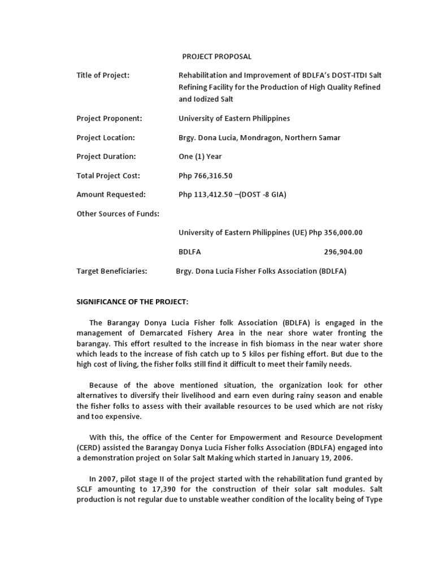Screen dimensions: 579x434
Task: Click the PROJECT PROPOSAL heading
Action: coord(216,57)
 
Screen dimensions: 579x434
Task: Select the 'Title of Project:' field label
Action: coord(103,75)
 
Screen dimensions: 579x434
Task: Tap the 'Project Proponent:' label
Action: coord(109,119)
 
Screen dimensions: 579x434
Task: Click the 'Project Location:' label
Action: coord(106,138)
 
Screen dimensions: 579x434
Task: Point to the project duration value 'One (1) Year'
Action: coord(200,157)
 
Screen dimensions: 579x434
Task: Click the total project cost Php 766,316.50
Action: coord(206,176)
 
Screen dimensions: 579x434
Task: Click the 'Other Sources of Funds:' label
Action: coord(118,214)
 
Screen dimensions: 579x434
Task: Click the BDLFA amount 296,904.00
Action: coord(343,252)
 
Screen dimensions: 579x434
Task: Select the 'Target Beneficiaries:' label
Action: coord(111,271)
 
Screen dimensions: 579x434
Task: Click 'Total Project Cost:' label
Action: coord(108,176)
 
